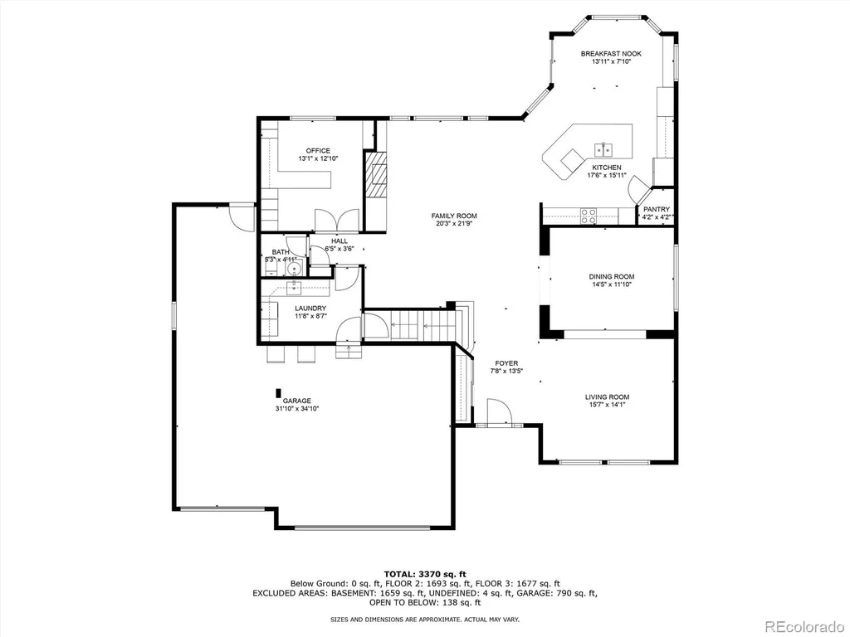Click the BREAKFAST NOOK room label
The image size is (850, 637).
[x=611, y=54]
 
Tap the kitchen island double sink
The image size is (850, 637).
[x=604, y=148]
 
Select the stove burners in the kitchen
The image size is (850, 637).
[x=589, y=216]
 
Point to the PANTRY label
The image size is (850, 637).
[x=657, y=209]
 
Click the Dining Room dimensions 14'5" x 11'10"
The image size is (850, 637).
[x=612, y=284]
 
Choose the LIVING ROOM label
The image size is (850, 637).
[x=607, y=396]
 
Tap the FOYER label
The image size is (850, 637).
[x=506, y=363]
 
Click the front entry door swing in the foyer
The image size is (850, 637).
[x=499, y=413]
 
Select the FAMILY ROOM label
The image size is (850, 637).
[x=454, y=216]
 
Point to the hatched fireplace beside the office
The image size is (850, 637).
[x=376, y=175]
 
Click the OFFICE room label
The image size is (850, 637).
[x=318, y=151]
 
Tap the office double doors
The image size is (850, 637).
[x=337, y=221]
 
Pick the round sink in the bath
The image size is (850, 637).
[x=295, y=269]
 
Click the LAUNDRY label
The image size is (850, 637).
[x=310, y=309]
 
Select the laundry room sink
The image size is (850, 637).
[x=293, y=288]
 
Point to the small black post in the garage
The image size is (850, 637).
[x=279, y=392]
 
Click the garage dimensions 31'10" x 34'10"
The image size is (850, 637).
[x=297, y=409]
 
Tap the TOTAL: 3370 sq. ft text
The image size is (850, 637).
[x=425, y=574]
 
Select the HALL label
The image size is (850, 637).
[x=340, y=241]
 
